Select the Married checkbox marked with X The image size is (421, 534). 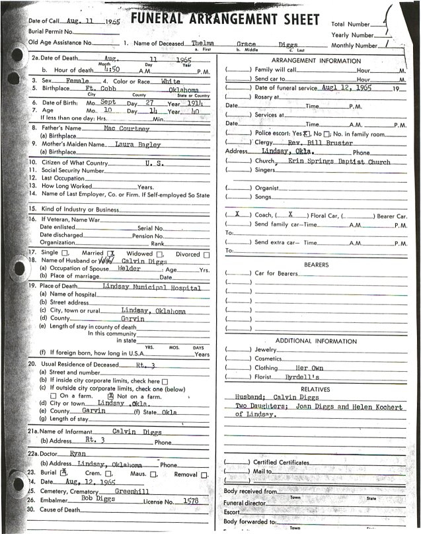point(112,253)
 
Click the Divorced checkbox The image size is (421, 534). point(207,253)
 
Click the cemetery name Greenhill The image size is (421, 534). point(135,492)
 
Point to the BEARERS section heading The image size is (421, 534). point(316,264)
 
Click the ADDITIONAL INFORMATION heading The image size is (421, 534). point(316,339)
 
